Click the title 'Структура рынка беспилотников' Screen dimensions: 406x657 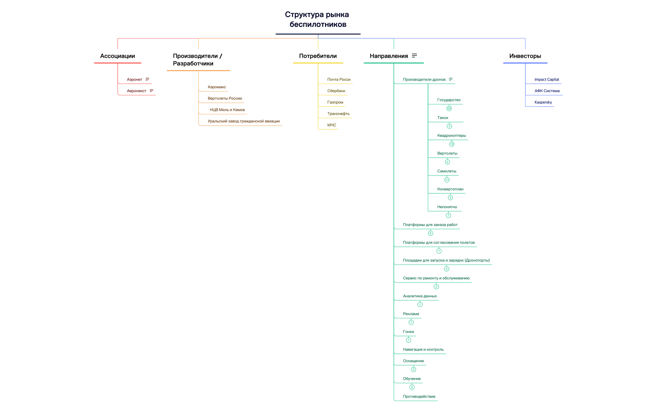click(318, 19)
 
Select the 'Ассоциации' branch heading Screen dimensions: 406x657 click(117, 56)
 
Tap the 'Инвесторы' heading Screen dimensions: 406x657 click(525, 56)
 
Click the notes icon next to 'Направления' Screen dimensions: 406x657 click(415, 56)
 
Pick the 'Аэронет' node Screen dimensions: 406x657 click(135, 80)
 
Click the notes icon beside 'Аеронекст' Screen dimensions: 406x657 click(151, 91)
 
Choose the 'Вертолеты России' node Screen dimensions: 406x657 click(225, 98)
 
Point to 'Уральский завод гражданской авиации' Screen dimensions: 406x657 click(243, 121)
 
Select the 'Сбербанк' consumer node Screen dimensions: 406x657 click(336, 91)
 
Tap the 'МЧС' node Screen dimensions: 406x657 click(332, 125)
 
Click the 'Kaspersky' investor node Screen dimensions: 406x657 click(543, 102)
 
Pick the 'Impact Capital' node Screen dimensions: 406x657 click(547, 80)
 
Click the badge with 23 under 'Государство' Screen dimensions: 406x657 click(449, 109)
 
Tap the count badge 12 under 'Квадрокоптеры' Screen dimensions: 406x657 click(452, 144)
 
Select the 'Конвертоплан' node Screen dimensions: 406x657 click(450, 189)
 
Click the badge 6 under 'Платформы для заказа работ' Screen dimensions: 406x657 click(430, 233)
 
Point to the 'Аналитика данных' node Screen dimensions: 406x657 click(420, 296)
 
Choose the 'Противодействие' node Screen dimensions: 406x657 click(419, 397)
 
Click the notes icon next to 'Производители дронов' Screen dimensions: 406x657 click(451, 79)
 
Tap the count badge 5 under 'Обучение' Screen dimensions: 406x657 click(412, 388)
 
